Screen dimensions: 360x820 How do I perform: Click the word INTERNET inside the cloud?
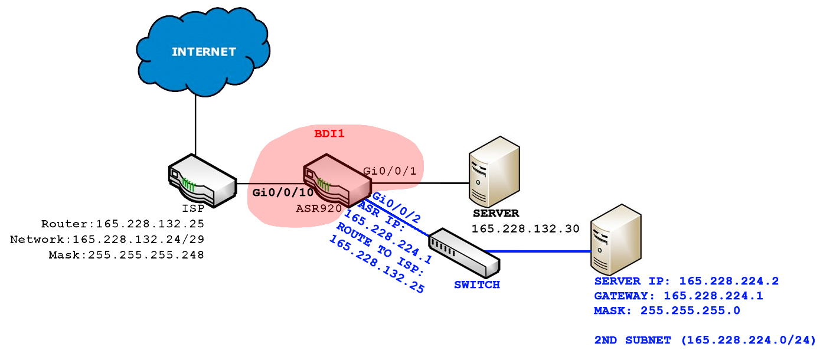[x=204, y=52]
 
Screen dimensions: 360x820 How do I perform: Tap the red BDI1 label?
[x=329, y=134]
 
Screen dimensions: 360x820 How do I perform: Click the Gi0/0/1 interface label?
[x=390, y=171]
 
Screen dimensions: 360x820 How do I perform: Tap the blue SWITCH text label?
[x=477, y=284]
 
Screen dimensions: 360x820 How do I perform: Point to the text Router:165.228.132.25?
[x=122, y=224]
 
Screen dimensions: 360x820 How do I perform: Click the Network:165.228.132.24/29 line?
[x=107, y=239]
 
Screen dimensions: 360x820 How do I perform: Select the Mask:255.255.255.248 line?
[x=126, y=254]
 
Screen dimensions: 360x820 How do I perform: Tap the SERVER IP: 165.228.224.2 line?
[x=687, y=281]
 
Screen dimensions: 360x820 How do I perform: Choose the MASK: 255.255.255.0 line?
[x=667, y=310]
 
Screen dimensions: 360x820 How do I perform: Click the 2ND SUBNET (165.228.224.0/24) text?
[x=705, y=340]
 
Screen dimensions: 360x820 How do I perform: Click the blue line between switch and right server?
[x=537, y=251]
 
